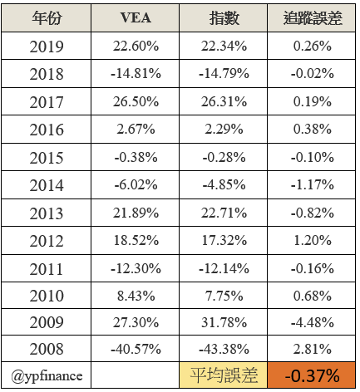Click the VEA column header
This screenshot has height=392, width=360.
click(136, 17)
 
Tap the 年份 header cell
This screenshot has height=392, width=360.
click(47, 18)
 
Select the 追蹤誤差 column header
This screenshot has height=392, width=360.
click(313, 18)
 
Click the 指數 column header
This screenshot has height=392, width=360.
click(224, 18)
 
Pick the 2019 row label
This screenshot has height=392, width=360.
click(47, 47)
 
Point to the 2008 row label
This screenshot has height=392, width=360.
click(47, 349)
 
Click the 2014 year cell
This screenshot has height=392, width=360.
click(47, 185)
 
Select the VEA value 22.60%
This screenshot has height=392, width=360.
click(136, 46)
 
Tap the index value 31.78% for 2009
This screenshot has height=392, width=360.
click(224, 322)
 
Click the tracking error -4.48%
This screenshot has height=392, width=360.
click(313, 322)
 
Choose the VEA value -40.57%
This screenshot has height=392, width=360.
click(136, 349)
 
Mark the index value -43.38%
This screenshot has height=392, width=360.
click(224, 349)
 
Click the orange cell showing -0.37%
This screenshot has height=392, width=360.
click(312, 375)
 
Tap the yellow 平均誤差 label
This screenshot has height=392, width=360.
click(224, 375)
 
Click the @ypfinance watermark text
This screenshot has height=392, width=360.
click(47, 376)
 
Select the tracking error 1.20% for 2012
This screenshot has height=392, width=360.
click(313, 240)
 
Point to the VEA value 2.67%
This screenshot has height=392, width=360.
click(136, 129)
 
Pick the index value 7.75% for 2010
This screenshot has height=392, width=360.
click(224, 296)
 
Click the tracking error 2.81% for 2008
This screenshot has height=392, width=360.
click(313, 349)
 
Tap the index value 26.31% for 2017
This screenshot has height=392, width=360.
click(224, 101)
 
